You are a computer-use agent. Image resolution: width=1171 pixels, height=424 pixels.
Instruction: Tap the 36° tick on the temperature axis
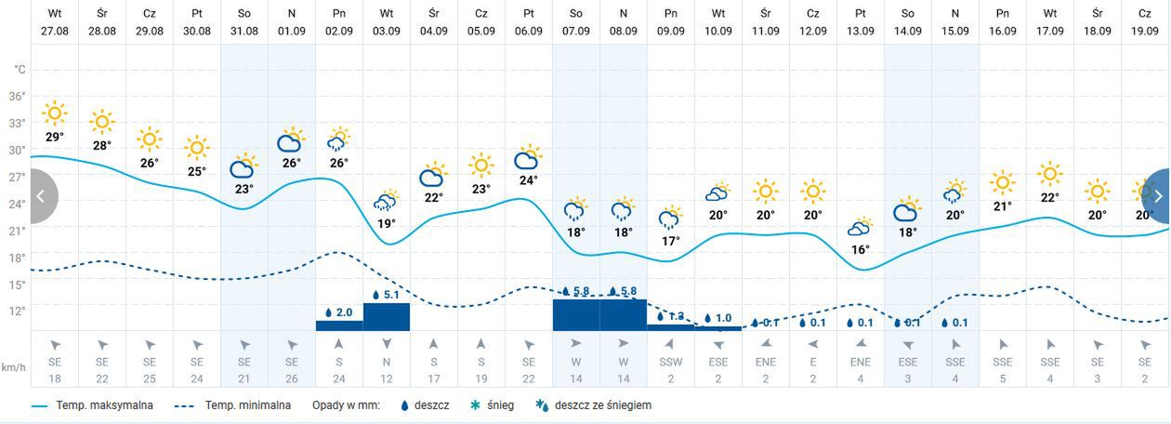18,97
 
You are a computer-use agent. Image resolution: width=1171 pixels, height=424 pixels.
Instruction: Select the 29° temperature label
55,138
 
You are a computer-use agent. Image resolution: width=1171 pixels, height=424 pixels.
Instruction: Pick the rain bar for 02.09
339,325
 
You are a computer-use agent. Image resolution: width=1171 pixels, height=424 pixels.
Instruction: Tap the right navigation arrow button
1158,196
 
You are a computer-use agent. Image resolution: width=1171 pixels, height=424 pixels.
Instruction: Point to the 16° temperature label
861,249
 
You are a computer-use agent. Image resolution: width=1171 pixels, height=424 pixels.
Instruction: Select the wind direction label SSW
671,361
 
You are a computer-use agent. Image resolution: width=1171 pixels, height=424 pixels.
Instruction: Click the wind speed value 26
292,378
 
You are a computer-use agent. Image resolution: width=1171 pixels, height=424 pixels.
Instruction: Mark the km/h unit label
13,367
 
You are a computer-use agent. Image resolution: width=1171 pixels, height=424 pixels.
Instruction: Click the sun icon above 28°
102,122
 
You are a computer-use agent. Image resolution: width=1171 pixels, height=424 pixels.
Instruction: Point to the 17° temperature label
671,241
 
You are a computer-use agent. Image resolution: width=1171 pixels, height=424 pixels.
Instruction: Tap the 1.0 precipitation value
723,318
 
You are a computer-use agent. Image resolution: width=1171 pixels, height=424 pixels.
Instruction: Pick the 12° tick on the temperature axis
18,311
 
